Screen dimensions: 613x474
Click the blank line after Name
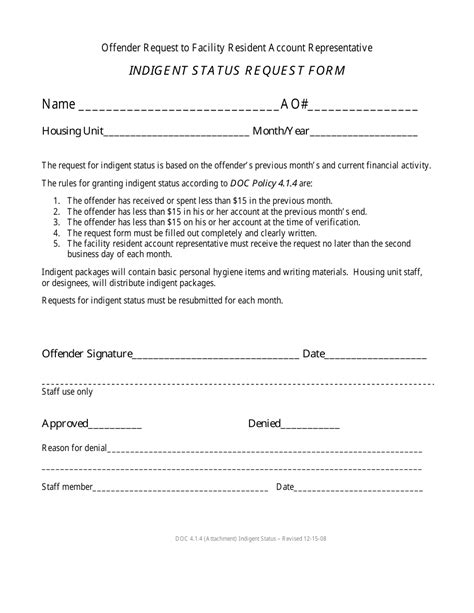pos(178,107)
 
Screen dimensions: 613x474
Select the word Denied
pos(264,423)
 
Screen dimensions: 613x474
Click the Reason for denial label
pos(74,447)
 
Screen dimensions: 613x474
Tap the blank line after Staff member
pos(180,490)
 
